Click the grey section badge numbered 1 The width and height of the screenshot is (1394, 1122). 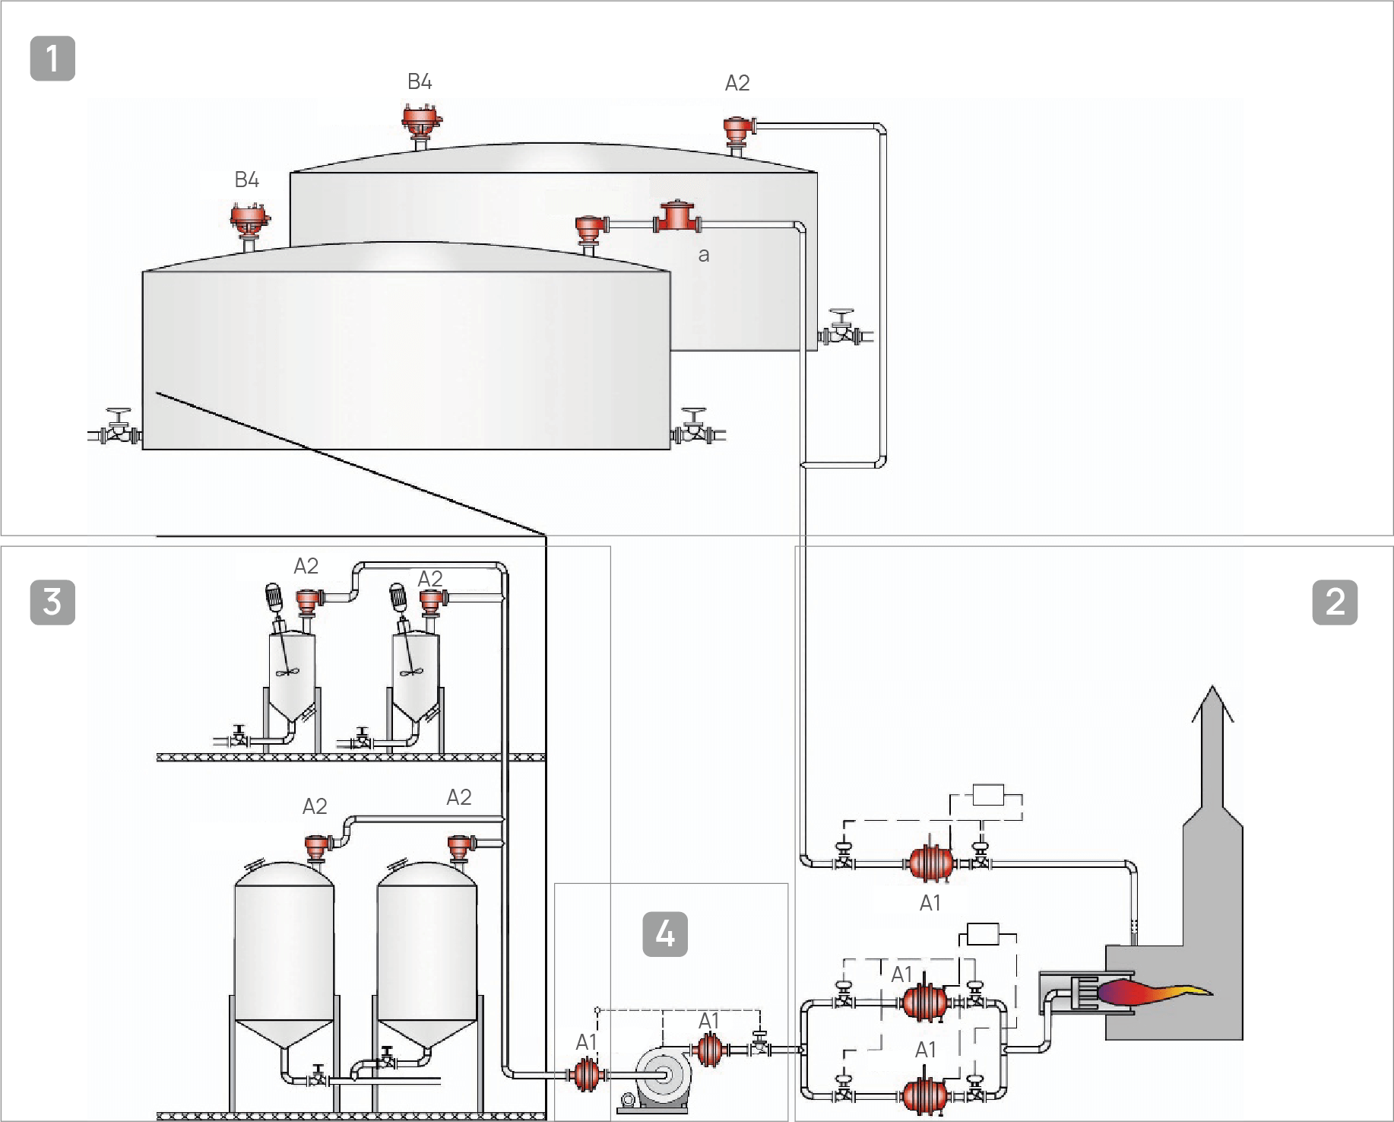tap(52, 59)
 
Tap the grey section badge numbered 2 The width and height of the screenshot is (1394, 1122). tap(1335, 602)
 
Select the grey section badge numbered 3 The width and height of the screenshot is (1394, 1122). tap(52, 602)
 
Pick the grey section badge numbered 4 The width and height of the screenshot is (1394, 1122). tap(665, 934)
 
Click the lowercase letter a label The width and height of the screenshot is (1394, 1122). tap(704, 256)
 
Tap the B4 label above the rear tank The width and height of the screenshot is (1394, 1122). tap(420, 82)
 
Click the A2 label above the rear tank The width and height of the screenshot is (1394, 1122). tap(737, 83)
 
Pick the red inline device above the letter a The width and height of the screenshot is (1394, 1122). tap(676, 217)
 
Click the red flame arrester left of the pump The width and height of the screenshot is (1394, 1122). tap(587, 1074)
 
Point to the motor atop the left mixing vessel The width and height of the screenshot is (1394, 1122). tap(274, 598)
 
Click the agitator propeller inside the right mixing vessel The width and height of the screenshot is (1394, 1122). tap(411, 672)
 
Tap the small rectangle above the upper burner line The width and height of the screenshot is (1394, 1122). tap(988, 796)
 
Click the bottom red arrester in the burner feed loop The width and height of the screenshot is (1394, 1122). tap(925, 1096)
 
